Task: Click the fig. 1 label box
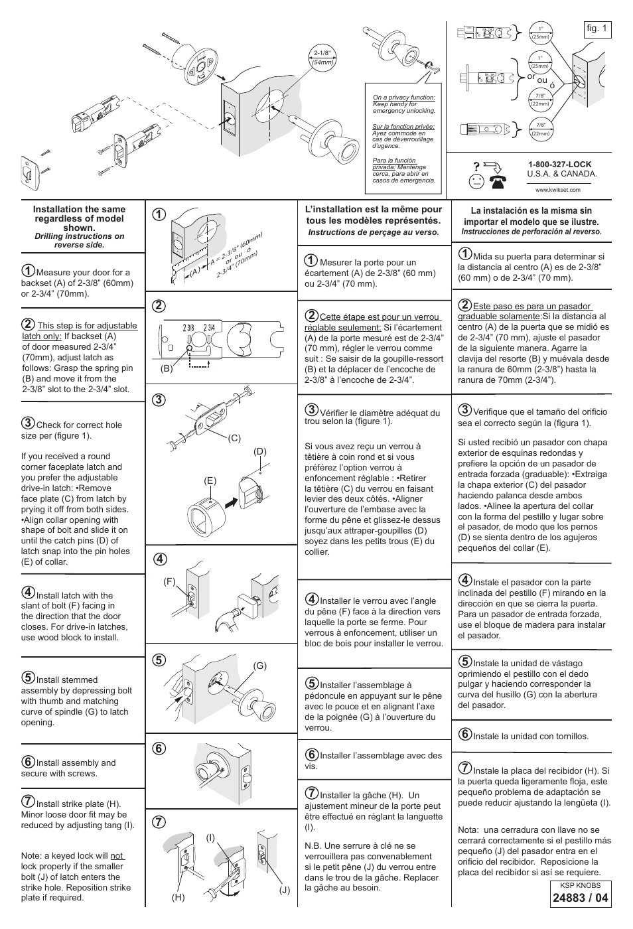click(597, 29)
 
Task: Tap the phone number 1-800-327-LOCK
click(559, 165)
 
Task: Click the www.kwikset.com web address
click(558, 189)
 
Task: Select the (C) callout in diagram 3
click(233, 439)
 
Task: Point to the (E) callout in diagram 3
click(210, 480)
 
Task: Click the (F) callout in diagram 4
click(169, 582)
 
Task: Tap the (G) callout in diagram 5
click(259, 666)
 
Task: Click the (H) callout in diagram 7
click(177, 897)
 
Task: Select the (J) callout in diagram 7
click(285, 890)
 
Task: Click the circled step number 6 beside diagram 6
click(158, 748)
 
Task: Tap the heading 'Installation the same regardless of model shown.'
click(79, 218)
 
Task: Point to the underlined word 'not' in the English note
click(117, 856)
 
